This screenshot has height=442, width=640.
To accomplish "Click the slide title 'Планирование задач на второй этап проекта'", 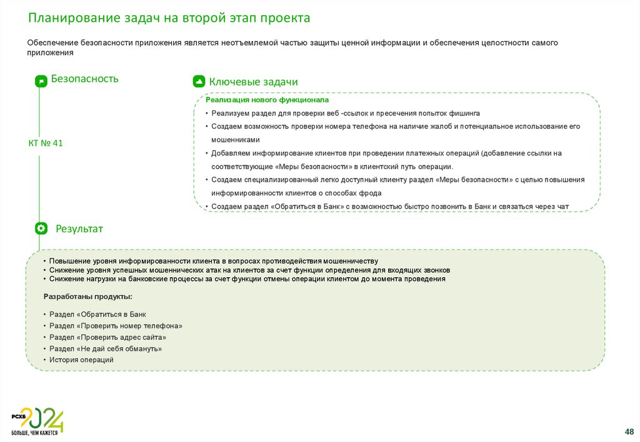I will [x=169, y=18].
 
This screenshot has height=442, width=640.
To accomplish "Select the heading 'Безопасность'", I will [x=84, y=79].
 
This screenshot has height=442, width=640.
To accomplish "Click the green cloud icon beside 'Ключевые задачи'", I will [x=198, y=82].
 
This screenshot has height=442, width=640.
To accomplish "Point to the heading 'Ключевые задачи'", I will [x=253, y=82].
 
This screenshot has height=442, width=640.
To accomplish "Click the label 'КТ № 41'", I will [x=46, y=144].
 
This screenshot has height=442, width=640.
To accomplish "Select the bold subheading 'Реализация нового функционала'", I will [x=267, y=100].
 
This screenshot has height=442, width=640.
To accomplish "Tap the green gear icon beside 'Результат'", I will [x=41, y=228].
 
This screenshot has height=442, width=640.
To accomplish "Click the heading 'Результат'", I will [x=79, y=229].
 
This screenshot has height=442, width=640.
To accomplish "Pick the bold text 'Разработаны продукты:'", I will [x=87, y=297].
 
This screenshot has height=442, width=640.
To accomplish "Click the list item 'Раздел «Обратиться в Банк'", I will [x=97, y=315].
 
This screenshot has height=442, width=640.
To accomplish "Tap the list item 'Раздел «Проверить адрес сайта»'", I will [x=107, y=337].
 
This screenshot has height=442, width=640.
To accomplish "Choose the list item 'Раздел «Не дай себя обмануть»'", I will [x=106, y=348].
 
